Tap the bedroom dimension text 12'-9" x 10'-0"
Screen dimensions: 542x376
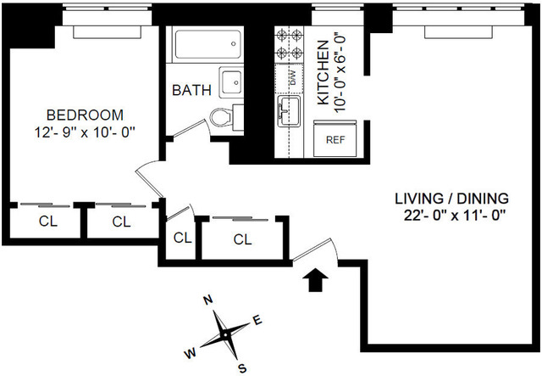(85, 132)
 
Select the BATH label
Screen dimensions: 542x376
(191, 90)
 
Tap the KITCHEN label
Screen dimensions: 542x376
(323, 74)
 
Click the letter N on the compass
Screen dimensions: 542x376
(206, 300)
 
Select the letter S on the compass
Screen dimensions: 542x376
(242, 368)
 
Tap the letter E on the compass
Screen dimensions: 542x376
(257, 319)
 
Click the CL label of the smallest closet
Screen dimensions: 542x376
(182, 238)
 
